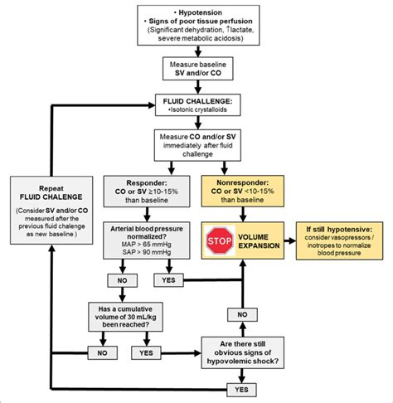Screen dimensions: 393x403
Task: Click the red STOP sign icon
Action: coord(220,240)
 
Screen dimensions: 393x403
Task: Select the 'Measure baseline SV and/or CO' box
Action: coord(197,69)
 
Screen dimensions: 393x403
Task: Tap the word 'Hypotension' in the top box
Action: coord(200,12)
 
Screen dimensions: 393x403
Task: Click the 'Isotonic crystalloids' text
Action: coord(199,109)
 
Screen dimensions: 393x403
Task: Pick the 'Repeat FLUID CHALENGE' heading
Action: coord(51,192)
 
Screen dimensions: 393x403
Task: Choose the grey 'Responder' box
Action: coord(147,192)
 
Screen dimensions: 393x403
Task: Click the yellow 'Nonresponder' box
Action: coord(242,191)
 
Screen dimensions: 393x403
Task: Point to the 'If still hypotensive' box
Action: coord(339,240)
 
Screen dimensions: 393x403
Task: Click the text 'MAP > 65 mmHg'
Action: coord(146,245)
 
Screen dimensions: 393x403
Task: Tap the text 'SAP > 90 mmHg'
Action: coord(147,252)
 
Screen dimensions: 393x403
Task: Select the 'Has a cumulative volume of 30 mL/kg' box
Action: coord(125,317)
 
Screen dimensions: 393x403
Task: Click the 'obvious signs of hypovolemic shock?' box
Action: coord(242,352)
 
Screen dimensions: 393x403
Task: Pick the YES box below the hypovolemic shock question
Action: coord(241,390)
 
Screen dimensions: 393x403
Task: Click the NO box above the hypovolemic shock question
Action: coord(242,314)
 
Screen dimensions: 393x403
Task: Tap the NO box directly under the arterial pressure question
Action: coord(122,280)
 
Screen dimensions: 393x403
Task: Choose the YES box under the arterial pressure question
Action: coord(168,280)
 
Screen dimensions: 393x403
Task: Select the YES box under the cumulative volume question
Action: coord(146,353)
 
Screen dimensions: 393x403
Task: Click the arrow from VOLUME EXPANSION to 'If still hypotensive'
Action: coord(290,240)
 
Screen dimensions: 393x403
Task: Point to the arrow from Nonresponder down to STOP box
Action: coord(243,214)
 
